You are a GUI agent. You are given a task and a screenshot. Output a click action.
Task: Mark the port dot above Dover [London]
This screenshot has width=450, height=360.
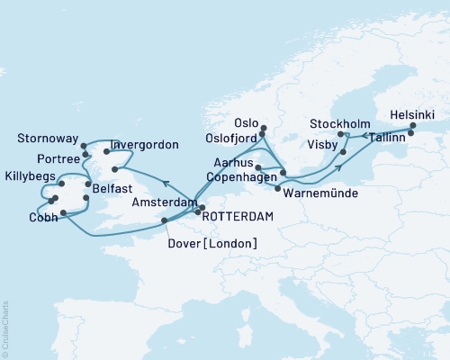(164, 220)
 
